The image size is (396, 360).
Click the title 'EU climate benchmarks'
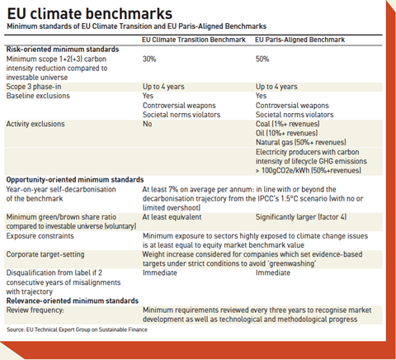(x=90, y=13)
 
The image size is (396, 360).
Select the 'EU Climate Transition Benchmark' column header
(x=194, y=40)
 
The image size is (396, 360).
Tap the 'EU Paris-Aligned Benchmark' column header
(x=299, y=40)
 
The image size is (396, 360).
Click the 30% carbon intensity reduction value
(x=149, y=59)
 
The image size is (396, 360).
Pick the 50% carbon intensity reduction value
(x=262, y=59)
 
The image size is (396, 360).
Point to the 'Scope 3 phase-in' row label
(x=34, y=87)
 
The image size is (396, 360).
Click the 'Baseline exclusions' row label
(x=38, y=96)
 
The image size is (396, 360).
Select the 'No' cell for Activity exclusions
(x=147, y=124)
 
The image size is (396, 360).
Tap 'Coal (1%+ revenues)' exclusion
(x=288, y=124)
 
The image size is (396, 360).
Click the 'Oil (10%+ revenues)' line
(x=287, y=133)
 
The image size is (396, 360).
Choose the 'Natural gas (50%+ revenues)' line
(x=301, y=142)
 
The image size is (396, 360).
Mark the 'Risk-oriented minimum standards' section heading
(x=63, y=50)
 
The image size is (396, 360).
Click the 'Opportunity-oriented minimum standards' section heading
(x=75, y=180)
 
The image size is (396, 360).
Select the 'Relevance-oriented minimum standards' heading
(x=73, y=301)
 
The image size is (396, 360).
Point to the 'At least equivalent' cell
(x=172, y=217)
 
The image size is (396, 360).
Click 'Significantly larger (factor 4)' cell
(x=301, y=217)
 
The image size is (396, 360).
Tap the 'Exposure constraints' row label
(x=40, y=236)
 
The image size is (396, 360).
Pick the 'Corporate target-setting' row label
(x=45, y=254)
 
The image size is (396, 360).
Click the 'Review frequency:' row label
(x=35, y=310)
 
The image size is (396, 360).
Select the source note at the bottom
(x=77, y=329)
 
